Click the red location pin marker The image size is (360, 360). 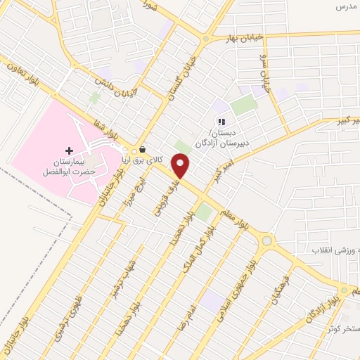click(181, 166)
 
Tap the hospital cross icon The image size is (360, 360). click(69, 151)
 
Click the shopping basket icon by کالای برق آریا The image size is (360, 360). click(143, 149)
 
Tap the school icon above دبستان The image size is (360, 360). click(221, 122)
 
